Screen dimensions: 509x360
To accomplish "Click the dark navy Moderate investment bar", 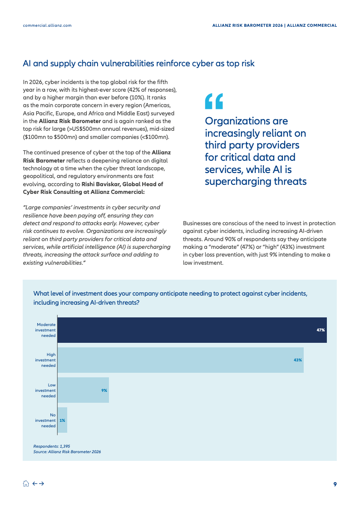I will (x=191, y=330).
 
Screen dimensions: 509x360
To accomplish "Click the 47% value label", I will (x=321, y=330).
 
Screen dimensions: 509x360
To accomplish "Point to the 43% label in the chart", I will (x=297, y=360).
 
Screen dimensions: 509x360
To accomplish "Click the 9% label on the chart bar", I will (x=104, y=390).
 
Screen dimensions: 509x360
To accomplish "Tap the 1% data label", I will (x=62, y=420).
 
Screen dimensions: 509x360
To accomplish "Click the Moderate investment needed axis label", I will (x=46, y=330).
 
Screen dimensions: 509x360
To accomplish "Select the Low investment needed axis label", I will (x=46, y=390).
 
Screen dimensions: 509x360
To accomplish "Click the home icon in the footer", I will (x=26, y=484).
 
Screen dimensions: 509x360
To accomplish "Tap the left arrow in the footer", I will (x=35, y=484).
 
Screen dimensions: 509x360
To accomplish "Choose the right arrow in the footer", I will (x=41, y=484).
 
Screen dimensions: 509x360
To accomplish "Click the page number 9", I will (x=335, y=484).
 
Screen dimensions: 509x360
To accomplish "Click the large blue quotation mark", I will (x=214, y=101).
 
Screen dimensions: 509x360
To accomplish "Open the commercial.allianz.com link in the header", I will (x=47, y=25).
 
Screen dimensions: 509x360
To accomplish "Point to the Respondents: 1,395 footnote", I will (x=51, y=446).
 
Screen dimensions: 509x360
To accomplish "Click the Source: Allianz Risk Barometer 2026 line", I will (x=67, y=452).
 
